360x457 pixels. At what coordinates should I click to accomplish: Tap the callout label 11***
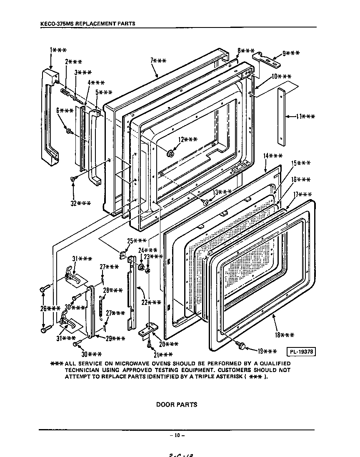coord(305,117)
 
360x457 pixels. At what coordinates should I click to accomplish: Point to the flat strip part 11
coord(282,117)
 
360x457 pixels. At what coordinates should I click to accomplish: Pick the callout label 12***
coord(188,140)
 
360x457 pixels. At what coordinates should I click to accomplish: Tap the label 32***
coord(81,203)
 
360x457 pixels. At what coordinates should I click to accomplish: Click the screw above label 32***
coord(73,179)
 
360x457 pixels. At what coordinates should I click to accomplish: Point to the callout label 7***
coord(158,61)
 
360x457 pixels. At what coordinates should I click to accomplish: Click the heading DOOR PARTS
coord(177,405)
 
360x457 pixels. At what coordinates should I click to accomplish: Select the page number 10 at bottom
coord(177,435)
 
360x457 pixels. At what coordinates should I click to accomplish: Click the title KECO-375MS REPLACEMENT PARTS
coord(87,23)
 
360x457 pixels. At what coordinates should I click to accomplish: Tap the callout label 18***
coord(285,335)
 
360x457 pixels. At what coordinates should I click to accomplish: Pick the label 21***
coord(163,355)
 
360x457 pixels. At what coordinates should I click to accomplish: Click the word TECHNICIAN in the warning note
coord(82,370)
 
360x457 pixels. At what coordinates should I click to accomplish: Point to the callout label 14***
coord(272,156)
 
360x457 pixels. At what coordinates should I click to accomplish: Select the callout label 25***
coord(137,241)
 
